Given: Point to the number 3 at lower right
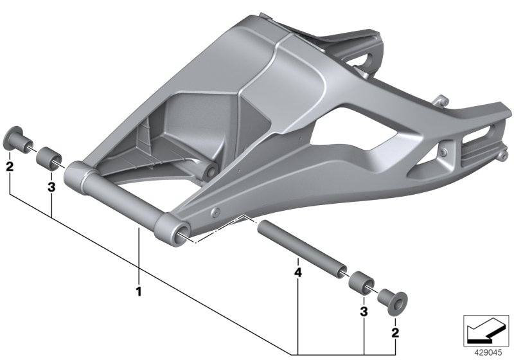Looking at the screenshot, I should pyautogui.click(x=363, y=311).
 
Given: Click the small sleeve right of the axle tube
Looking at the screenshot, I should pyautogui.click(x=360, y=282).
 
